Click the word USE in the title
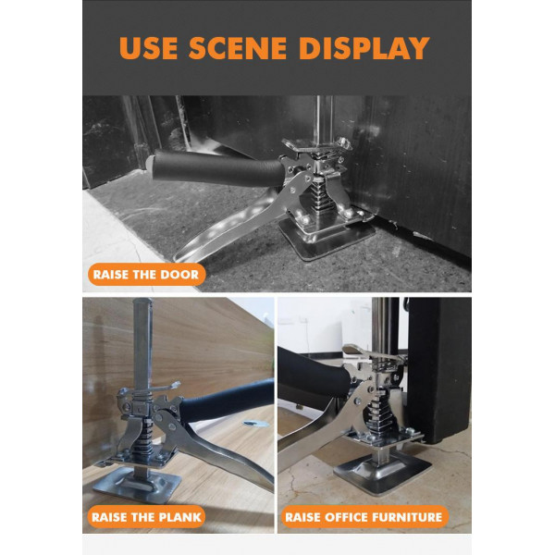click(148, 48)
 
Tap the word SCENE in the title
click(238, 48)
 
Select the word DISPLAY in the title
click(364, 48)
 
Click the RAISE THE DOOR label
click(146, 275)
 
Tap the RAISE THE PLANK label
click(146, 517)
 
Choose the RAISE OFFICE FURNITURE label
click(364, 517)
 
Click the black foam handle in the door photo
click(216, 168)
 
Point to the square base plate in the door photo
click(327, 237)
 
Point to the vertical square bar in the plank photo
click(142, 344)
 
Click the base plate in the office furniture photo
click(383, 471)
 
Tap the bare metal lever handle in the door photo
click(230, 227)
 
